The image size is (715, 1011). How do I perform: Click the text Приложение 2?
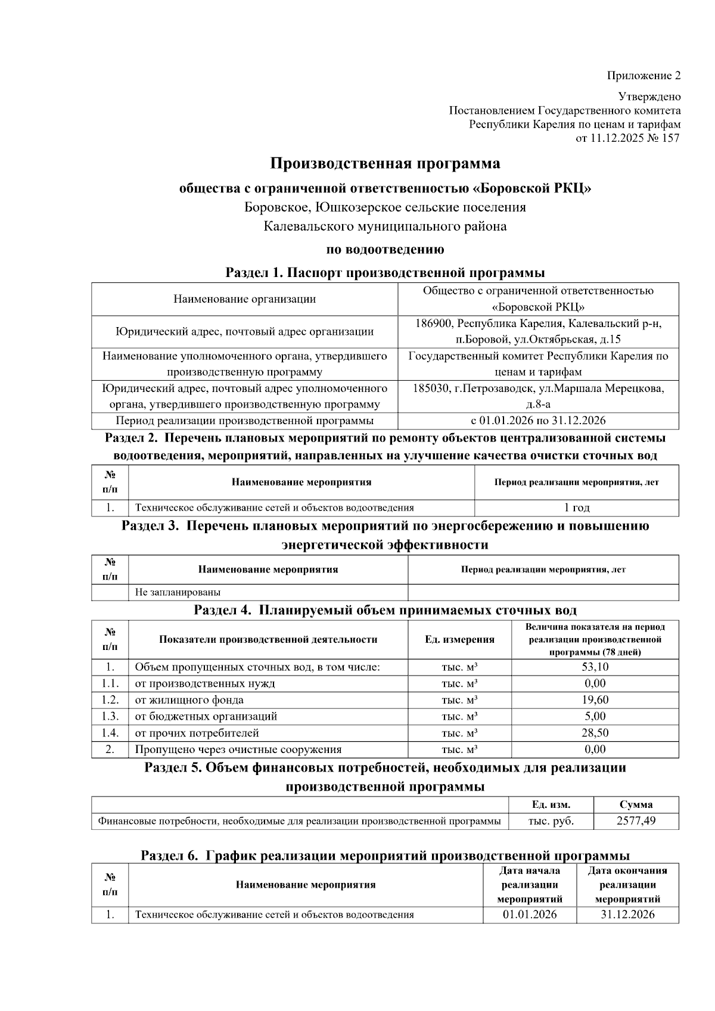pos(643,76)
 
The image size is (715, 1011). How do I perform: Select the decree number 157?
pos(670,138)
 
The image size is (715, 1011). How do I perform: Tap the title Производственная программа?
pos(385,163)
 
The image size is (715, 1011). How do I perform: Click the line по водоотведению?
pos(385,249)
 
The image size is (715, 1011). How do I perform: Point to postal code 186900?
pos(433,323)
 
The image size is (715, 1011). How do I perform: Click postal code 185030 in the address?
pos(431,388)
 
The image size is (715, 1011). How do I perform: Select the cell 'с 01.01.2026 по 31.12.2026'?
pos(537,421)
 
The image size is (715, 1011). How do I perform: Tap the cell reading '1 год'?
pos(576,508)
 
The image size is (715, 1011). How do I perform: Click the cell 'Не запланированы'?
pos(178,592)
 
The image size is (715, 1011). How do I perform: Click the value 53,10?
pos(595,667)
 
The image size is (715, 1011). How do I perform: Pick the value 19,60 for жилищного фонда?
pos(595,700)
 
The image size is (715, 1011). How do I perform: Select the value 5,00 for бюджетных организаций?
pos(595,716)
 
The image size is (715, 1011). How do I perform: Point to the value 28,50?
pos(595,733)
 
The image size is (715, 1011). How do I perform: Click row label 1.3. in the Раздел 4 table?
pos(110,716)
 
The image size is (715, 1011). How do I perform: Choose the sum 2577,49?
pos(636,821)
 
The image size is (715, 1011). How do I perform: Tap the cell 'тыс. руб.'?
pos(551,821)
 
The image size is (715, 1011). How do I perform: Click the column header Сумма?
pos(636,804)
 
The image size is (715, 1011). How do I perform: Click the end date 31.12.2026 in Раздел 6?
pos(627,914)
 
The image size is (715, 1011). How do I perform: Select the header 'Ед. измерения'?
pos(459,639)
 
